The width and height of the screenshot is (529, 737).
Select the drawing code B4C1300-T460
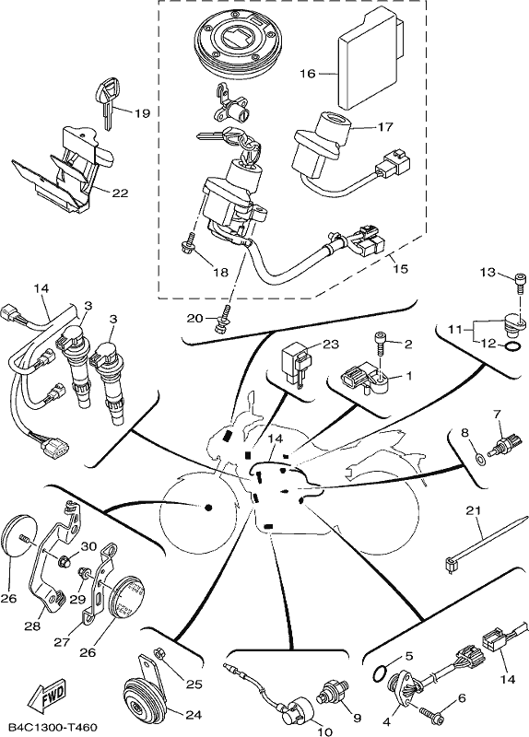53,727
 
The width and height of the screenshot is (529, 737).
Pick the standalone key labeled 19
109,104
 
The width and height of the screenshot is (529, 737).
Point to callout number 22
121,193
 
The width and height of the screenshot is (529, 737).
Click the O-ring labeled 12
514,347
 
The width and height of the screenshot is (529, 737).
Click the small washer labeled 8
478,458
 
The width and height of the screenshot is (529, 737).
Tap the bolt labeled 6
431,713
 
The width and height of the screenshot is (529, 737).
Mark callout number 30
89,546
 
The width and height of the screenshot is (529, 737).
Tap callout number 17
384,127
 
